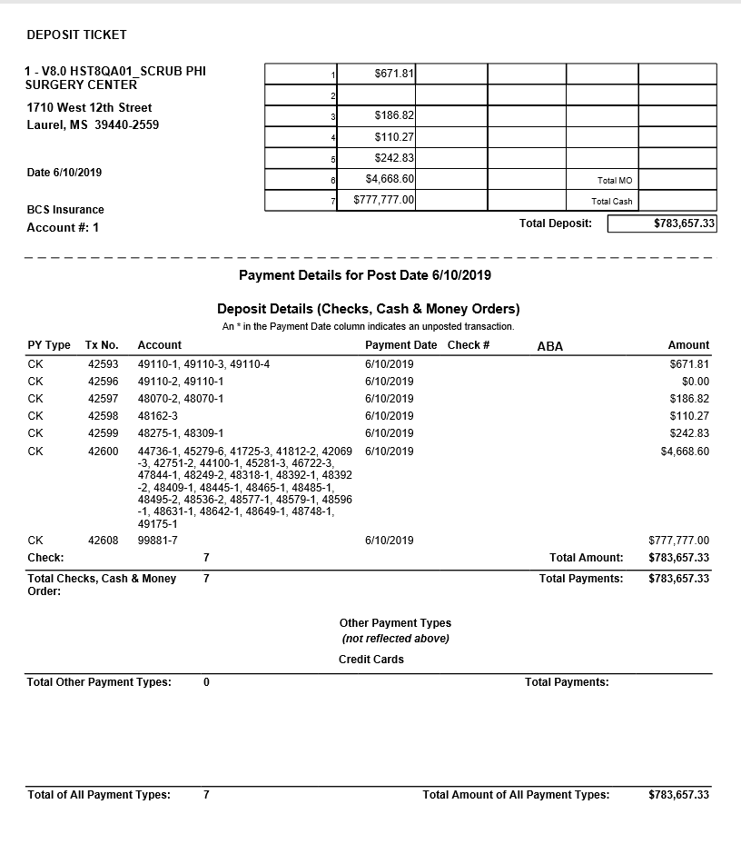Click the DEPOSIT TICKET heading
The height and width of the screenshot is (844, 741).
tap(76, 35)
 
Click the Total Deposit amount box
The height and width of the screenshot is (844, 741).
tap(662, 223)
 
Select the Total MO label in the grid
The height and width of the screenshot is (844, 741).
tap(614, 181)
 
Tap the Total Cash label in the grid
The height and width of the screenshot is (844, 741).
tap(611, 201)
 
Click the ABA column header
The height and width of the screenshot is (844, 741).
tap(549, 346)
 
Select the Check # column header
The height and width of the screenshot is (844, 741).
tap(469, 345)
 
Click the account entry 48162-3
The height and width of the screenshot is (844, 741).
tap(157, 416)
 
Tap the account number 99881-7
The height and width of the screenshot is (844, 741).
tap(157, 541)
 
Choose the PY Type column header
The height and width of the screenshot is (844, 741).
tap(49, 345)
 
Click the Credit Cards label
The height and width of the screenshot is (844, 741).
tap(371, 660)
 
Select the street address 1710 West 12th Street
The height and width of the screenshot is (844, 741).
tap(89, 108)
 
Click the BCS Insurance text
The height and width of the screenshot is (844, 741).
tap(65, 210)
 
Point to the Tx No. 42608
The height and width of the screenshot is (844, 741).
tap(103, 541)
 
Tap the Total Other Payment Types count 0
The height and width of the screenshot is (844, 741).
tap(206, 682)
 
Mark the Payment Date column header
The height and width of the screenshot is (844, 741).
tap(400, 345)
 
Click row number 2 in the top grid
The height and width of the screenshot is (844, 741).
tap(333, 95)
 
